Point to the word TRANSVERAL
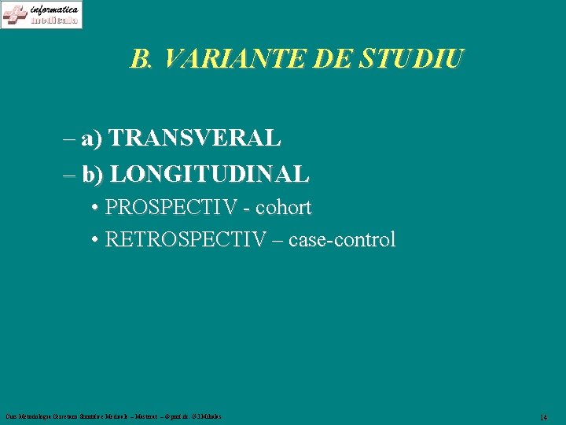[x=195, y=139]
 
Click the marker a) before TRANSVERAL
[x=91, y=139]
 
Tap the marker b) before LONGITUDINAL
[x=92, y=174]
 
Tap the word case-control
[x=342, y=239]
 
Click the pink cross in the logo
[x=14, y=15]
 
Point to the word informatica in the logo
[x=54, y=9]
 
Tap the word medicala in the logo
[x=55, y=20]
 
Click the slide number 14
[x=543, y=416]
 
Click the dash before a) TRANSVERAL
[x=68, y=139]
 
